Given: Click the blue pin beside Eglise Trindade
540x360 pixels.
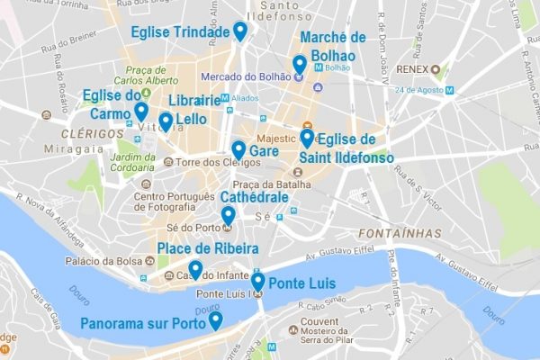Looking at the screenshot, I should pyautogui.click(x=240, y=31).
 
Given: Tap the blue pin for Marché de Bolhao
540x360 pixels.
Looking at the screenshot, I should pyautogui.click(x=300, y=65).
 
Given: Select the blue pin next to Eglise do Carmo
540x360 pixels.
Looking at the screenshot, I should pyautogui.click(x=141, y=111).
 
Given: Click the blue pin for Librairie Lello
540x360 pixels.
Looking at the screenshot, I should pyautogui.click(x=166, y=121).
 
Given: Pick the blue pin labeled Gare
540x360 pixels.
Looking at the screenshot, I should pyautogui.click(x=238, y=149).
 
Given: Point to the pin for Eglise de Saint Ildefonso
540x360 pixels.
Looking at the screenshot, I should pyautogui.click(x=307, y=138).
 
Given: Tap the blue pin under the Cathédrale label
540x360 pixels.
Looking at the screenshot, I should pyautogui.click(x=229, y=215).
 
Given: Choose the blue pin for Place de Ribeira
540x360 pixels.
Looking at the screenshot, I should pyautogui.click(x=195, y=268).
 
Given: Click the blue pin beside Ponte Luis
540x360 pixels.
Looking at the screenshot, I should pyautogui.click(x=258, y=282).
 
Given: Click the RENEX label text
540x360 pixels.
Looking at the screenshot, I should pyautogui.click(x=411, y=68).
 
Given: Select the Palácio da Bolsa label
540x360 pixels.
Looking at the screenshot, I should pyautogui.click(x=100, y=262).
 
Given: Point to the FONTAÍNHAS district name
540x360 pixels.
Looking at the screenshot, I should pyautogui.click(x=402, y=233).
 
